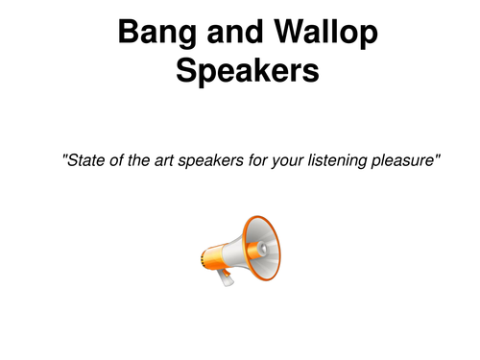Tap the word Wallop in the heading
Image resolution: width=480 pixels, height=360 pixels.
pos(319,35)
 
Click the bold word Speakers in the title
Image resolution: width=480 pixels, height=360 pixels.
pos(240,73)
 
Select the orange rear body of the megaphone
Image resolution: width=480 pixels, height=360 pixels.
pos(210,256)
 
